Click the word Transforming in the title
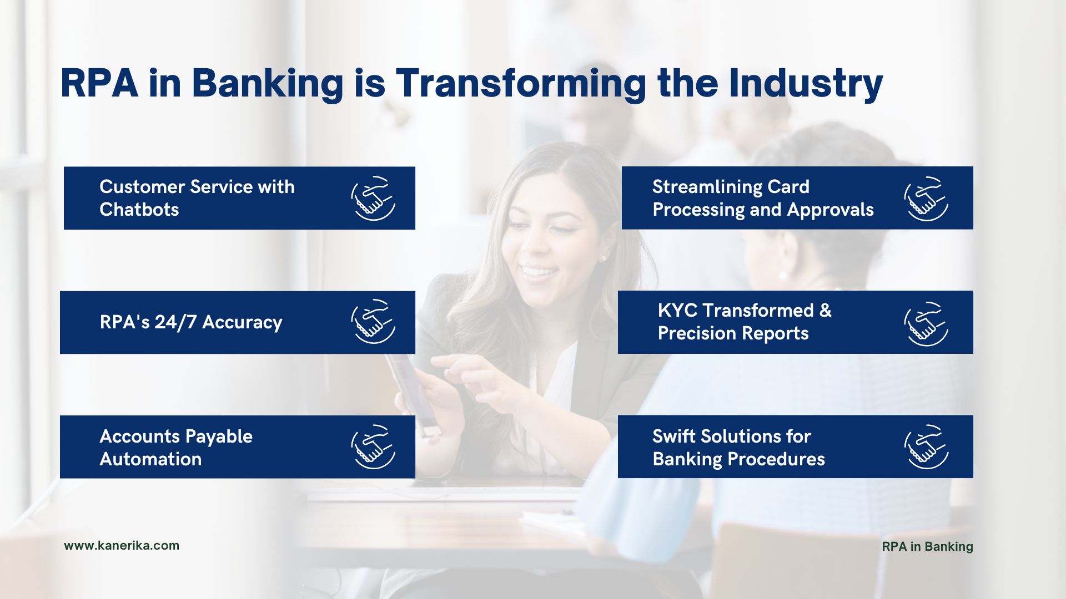point(521,84)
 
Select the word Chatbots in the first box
point(139,210)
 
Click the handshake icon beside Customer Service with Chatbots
point(373,198)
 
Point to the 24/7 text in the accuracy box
point(175,322)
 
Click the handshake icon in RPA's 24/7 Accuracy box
point(373,322)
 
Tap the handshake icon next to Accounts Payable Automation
point(373,447)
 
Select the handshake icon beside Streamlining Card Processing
point(926,199)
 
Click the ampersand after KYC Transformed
point(826,311)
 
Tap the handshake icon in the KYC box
point(926,324)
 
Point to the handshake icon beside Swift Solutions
point(926,447)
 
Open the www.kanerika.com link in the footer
point(122,545)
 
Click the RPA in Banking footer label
point(927,546)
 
